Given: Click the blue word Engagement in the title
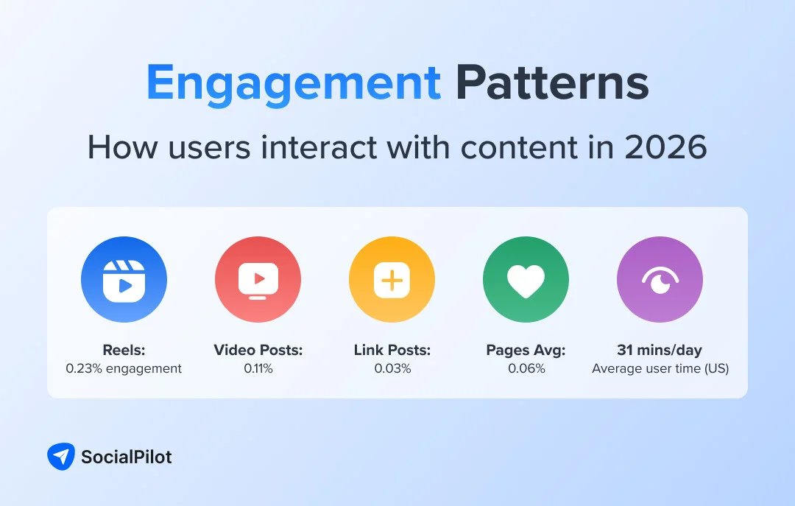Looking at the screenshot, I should tap(293, 82).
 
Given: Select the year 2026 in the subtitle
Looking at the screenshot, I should tap(665, 147).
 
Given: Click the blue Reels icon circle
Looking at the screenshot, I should tap(124, 280).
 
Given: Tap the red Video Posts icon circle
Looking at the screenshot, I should tap(258, 280).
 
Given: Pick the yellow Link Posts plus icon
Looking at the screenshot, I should tap(392, 280).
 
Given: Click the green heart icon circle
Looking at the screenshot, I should tap(526, 280).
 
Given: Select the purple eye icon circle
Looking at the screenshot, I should tap(660, 280).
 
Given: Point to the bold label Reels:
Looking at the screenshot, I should tap(124, 350).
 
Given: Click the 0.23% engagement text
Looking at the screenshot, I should tap(124, 368).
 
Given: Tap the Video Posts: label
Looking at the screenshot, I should tap(258, 350).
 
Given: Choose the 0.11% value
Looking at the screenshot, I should tap(258, 368).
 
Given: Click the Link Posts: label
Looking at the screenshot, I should tap(392, 350).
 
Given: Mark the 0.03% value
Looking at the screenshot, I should tap(392, 368).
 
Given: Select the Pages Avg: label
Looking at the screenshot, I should tap(526, 350).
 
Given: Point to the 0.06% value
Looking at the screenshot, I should tap(526, 368).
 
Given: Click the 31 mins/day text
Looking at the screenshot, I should tap(660, 350).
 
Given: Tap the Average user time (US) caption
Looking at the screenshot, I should tap(660, 368).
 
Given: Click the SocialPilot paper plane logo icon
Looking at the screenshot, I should tap(60, 457).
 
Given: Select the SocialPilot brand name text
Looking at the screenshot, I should tap(126, 457).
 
